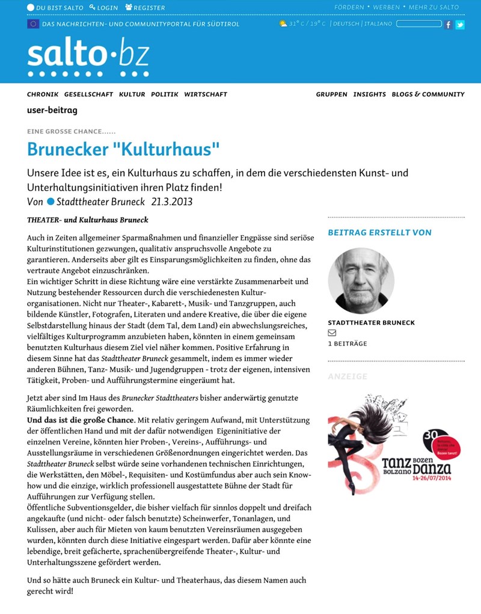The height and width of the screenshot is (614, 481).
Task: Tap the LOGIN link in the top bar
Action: (103, 8)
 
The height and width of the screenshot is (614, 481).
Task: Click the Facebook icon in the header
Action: (448, 25)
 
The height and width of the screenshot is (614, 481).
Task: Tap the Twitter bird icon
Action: (460, 25)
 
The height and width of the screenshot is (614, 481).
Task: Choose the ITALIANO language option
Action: (378, 24)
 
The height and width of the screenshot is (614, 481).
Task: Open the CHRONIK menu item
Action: (43, 94)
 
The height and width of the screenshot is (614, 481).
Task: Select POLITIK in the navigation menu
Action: (165, 94)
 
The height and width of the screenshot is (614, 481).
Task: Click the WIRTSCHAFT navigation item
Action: (206, 94)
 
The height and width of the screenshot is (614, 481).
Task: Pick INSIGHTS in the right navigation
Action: (369, 94)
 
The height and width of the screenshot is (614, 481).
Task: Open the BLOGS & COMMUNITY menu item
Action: (428, 94)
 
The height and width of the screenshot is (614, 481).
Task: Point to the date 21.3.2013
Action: (172, 202)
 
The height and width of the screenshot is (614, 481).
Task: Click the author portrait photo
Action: (361, 281)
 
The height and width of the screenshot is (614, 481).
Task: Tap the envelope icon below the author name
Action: (332, 333)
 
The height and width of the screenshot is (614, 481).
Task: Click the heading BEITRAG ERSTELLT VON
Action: (379, 233)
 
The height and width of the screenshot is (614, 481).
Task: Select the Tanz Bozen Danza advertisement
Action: (396, 445)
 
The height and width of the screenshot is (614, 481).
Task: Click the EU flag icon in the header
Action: (33, 24)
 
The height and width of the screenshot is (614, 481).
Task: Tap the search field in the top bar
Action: (419, 24)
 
